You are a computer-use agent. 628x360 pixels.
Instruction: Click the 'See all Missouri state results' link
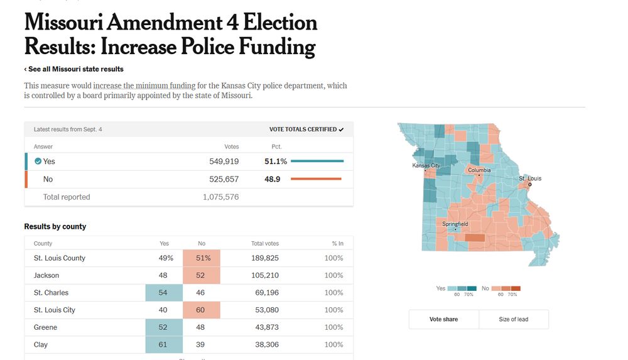coord(74,69)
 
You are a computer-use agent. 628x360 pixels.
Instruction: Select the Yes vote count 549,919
coord(224,161)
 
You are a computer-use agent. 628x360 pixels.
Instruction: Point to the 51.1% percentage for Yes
coord(276,161)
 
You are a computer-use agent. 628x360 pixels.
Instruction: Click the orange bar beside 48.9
coord(316,179)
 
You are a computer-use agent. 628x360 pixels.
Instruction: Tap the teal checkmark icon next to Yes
coord(38,161)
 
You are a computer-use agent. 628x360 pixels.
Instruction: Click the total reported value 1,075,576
coord(220,197)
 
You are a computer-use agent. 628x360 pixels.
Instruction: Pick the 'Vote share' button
coord(443,319)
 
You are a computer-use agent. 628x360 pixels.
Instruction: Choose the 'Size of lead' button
coord(513,319)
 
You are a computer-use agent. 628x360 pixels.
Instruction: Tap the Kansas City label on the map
coord(425,166)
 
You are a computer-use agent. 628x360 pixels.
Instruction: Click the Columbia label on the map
coord(479,170)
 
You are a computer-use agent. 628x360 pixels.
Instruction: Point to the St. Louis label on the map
coord(529,179)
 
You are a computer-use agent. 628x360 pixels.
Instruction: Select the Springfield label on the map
coord(455,224)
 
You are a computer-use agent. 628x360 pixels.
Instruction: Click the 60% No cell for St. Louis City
coord(202,310)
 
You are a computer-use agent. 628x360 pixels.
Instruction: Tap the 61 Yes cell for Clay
coord(164,344)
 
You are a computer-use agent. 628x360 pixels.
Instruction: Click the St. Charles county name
coord(51,293)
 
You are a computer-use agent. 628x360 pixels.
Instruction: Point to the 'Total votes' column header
coord(265,244)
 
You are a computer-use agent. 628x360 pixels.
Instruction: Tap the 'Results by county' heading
coord(55,226)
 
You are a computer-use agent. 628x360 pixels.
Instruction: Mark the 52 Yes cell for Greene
coord(164,327)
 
